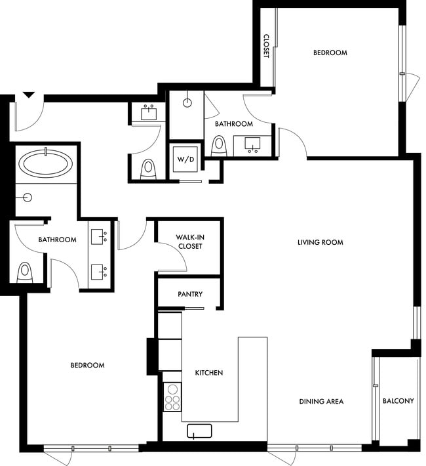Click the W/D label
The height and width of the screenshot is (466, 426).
pyautogui.click(x=182, y=158)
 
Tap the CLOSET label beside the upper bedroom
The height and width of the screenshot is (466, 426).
pyautogui.click(x=267, y=46)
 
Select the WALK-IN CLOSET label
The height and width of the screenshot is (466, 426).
pyautogui.click(x=189, y=242)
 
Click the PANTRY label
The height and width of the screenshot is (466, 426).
pyautogui.click(x=189, y=295)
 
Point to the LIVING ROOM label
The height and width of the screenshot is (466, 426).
pyautogui.click(x=320, y=242)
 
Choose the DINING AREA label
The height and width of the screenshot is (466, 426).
pyautogui.click(x=321, y=401)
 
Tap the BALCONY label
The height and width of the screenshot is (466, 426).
pyautogui.click(x=398, y=401)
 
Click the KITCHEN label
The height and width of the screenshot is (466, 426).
pyautogui.click(x=209, y=373)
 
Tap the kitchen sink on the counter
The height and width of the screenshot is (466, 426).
pyautogui.click(x=199, y=431)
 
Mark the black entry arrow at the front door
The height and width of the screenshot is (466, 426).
pyautogui.click(x=28, y=95)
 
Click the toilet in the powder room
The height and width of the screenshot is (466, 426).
pyautogui.click(x=148, y=169)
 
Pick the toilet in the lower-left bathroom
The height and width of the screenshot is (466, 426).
pyautogui.click(x=25, y=271)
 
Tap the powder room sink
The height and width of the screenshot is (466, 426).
pyautogui.click(x=149, y=114)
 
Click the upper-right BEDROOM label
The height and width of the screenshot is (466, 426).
pyautogui.click(x=330, y=53)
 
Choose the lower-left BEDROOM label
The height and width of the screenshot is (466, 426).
pyautogui.click(x=87, y=366)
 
